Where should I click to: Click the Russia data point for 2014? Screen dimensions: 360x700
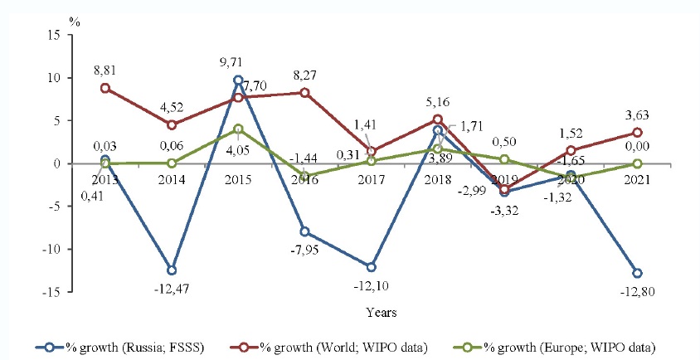pyautogui.click(x=171, y=270)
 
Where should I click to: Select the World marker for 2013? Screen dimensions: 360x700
pyautogui.click(x=105, y=88)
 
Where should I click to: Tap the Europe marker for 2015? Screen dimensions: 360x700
pyautogui.click(x=238, y=129)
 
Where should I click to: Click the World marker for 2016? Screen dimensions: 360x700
pyautogui.click(x=305, y=93)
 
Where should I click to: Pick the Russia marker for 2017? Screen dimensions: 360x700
pyautogui.click(x=372, y=267)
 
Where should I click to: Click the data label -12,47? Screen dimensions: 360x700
pyautogui.click(x=170, y=289)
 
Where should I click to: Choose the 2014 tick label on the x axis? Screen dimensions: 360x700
pyautogui.click(x=171, y=180)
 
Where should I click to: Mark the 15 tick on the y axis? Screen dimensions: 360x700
pyautogui.click(x=55, y=35)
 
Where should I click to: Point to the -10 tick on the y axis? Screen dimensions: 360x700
pyautogui.click(x=51, y=250)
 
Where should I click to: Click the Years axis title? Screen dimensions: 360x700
pyautogui.click(x=382, y=314)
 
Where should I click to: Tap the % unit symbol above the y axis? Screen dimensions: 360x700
pyautogui.click(x=75, y=20)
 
